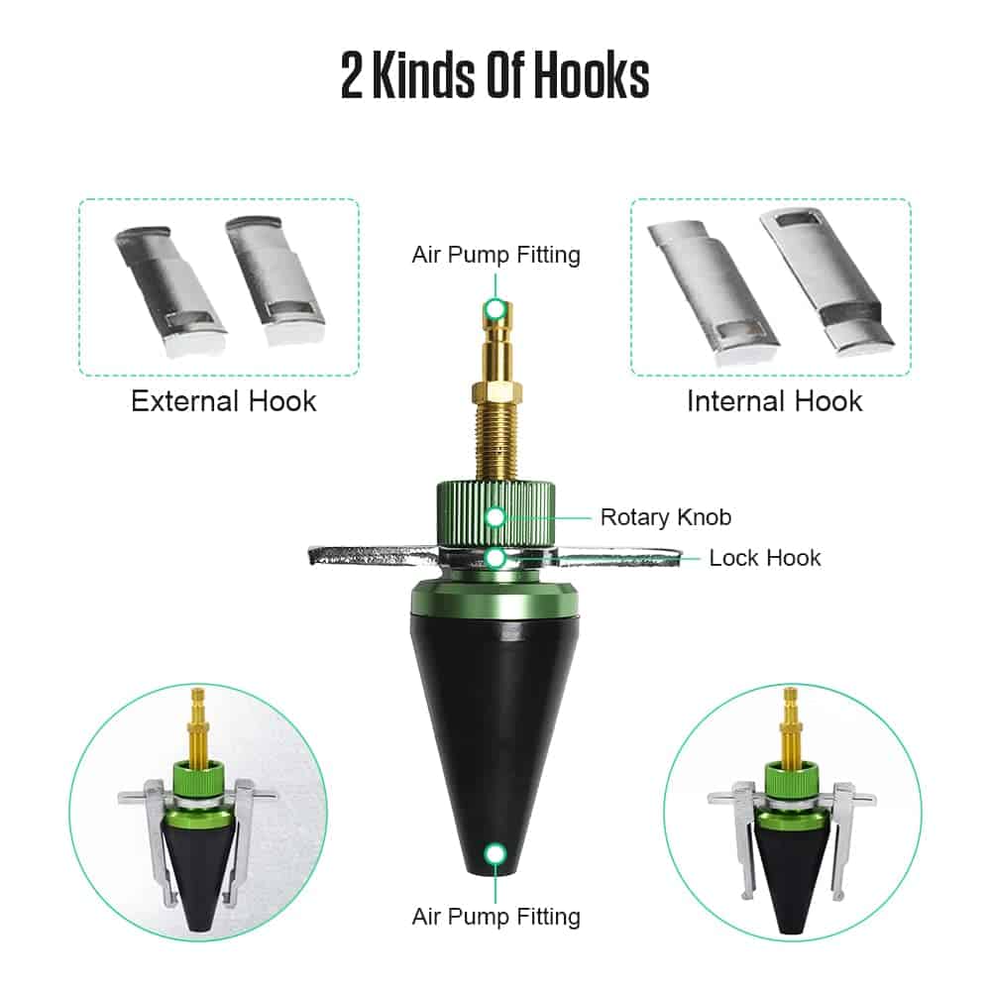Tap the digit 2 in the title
tap(352, 76)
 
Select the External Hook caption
tap(224, 401)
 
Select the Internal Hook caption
tap(774, 401)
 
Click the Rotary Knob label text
tap(666, 517)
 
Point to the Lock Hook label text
tap(765, 557)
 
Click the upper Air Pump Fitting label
tap(496, 255)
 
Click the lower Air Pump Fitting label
tap(496, 917)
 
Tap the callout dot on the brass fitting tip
tap(495, 309)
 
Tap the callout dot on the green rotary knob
tap(495, 517)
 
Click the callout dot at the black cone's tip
tap(495, 854)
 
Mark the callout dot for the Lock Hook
tap(496, 558)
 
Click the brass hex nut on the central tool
tap(496, 392)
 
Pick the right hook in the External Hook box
tap(275, 281)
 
